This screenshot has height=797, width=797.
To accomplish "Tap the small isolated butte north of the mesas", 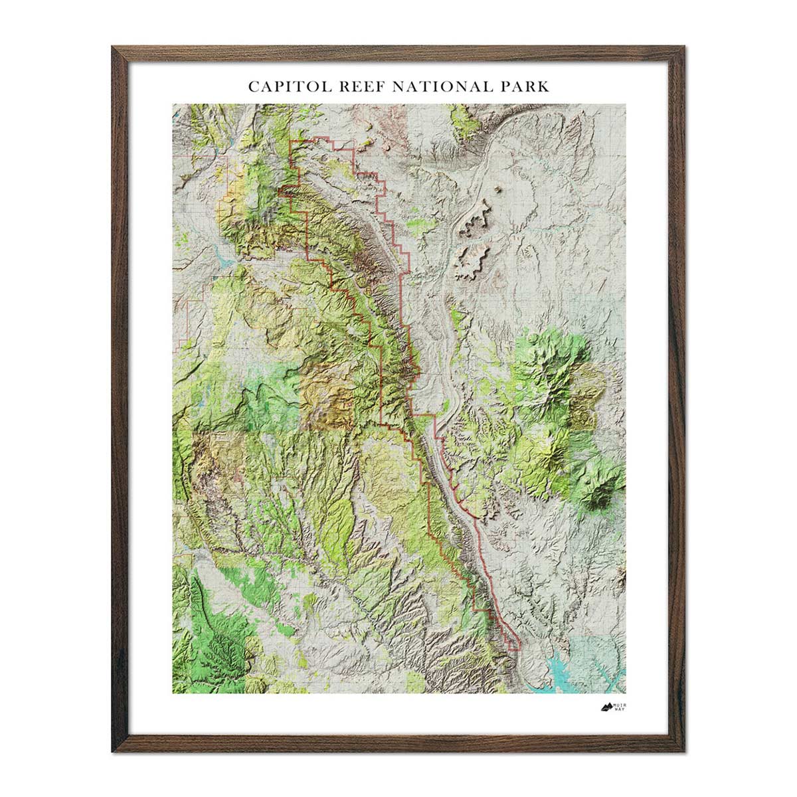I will coord(497,189).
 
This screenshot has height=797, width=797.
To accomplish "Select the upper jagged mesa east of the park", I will coord(476,220).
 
